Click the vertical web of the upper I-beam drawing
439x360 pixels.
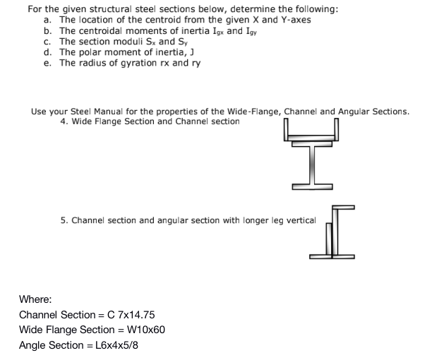coord(311,167)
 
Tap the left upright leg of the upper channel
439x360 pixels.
coord(286,130)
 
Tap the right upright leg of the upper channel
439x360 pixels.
coord(337,130)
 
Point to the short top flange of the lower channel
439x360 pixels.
coord(344,207)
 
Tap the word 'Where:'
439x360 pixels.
coord(35,299)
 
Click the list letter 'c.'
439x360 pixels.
coord(47,42)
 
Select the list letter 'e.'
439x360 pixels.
coord(47,63)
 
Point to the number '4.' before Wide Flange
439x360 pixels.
coord(65,121)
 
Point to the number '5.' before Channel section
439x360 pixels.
coord(65,220)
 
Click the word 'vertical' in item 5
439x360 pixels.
coord(301,220)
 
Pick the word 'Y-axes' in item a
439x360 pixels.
coord(295,20)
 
